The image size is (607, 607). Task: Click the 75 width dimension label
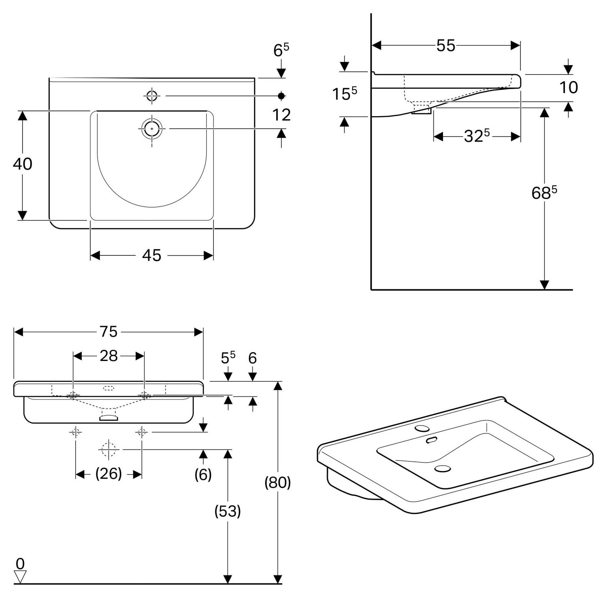point(108,332)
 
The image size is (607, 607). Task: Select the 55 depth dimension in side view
point(446,46)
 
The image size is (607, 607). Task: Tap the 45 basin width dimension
point(152,255)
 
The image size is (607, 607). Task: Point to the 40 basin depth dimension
point(23,164)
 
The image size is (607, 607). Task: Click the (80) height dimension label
point(278,482)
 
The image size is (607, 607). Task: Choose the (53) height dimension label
point(228,511)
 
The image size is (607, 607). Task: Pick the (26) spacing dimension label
point(108,473)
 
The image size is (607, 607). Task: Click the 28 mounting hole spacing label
point(108,356)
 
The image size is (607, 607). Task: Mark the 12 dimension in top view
point(282,115)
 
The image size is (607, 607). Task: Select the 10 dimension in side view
point(569,87)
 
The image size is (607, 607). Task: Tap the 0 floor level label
point(20,563)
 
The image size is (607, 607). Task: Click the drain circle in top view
point(152,129)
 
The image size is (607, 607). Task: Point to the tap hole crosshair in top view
point(152,96)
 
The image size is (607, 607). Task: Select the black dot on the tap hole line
point(282,96)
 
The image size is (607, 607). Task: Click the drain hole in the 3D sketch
point(443,469)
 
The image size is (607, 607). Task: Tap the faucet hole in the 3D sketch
point(422,429)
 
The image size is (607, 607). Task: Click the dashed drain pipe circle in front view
point(108,449)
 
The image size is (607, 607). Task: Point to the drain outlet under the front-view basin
point(108,416)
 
